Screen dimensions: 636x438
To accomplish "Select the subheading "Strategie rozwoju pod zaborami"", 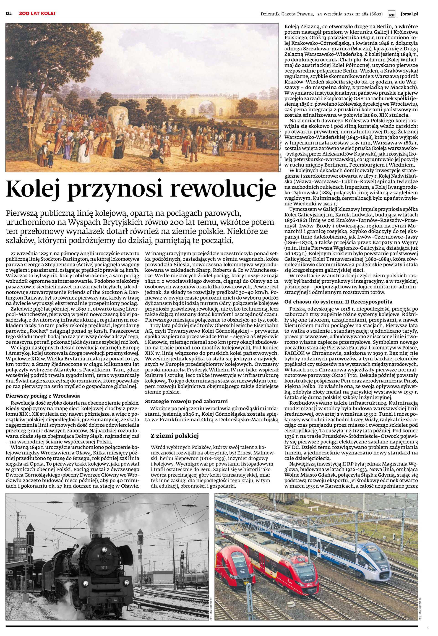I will pyautogui.click(x=187, y=401).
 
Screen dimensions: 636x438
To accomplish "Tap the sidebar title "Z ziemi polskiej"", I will pyautogui.click(x=175, y=436).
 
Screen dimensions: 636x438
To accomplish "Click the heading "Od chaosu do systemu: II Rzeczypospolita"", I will pyautogui.click(x=338, y=302).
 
